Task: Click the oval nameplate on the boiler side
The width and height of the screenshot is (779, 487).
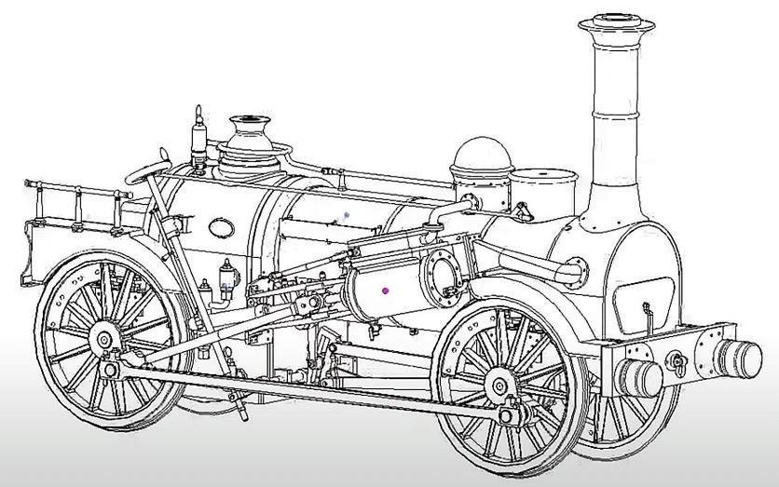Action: (222, 226)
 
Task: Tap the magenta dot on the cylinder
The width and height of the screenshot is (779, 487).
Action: (385, 291)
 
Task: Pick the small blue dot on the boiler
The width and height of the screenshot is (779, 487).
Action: (347, 214)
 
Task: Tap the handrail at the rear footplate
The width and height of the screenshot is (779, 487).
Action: (75, 191)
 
